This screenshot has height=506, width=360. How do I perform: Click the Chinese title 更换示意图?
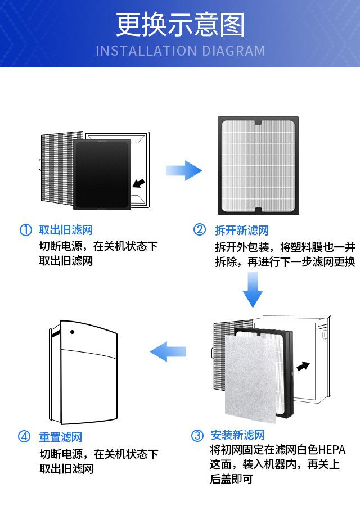coord(180,25)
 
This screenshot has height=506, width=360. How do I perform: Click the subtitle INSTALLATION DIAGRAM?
coord(180,51)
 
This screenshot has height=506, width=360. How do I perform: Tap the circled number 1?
coord(25,230)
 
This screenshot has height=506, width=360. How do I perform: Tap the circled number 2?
coord(200,230)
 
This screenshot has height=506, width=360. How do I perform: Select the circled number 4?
coord(24,437)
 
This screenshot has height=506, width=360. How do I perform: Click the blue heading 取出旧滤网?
coord(65,230)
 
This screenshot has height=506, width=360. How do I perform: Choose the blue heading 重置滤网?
coord(60,437)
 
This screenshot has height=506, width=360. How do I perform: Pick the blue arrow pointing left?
coord(168,352)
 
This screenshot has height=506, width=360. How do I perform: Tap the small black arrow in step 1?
coord(137,183)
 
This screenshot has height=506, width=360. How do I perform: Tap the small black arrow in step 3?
coord(303,366)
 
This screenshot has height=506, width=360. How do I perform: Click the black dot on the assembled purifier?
coord(73,332)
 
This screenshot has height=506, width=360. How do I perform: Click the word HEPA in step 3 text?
coord(331,450)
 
